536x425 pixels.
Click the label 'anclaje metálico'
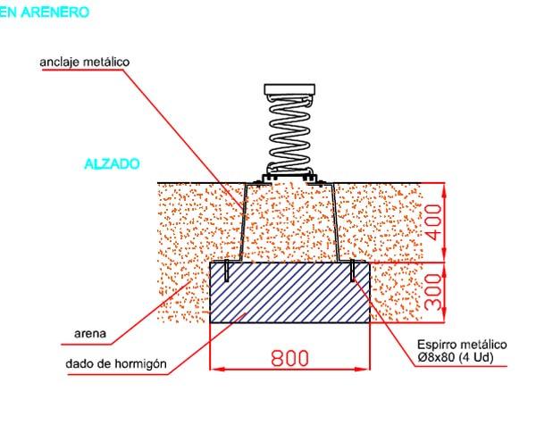[x=86, y=62]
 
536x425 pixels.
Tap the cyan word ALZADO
[x=111, y=165]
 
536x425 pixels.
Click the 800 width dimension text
[x=289, y=358]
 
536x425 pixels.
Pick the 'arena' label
[x=90, y=336]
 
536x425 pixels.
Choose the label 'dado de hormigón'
[x=116, y=363]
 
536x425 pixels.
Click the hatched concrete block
[x=289, y=292]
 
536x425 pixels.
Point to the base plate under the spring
[x=290, y=178]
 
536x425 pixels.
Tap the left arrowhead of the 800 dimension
[x=213, y=368]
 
